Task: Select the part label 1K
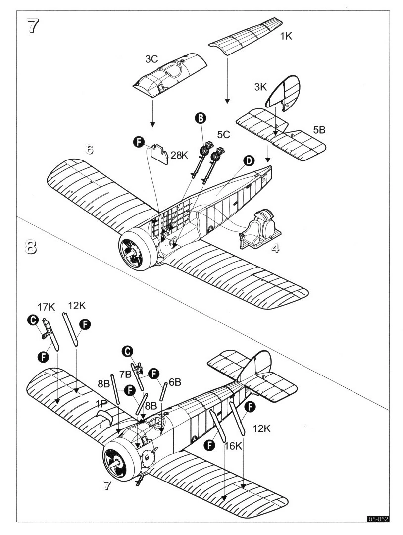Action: pos(287,36)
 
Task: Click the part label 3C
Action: pos(151,59)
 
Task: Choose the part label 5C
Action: pos(223,134)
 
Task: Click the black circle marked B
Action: pos(200,118)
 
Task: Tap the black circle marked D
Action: pos(249,160)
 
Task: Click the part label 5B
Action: pos(319,131)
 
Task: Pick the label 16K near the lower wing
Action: pos(232,446)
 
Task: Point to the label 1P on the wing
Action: pos(101,405)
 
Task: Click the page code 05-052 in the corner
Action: pos(378,519)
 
